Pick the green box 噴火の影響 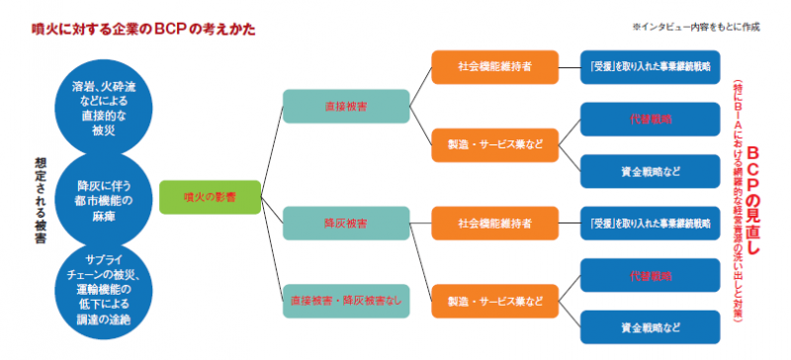[x=196, y=197]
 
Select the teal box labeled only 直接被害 [x=346, y=106]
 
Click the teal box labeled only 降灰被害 [x=346, y=225]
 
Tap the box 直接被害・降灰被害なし [x=346, y=301]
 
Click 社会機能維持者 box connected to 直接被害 [x=494, y=67]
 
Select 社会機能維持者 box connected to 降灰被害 [x=494, y=225]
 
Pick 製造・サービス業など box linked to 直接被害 [x=494, y=144]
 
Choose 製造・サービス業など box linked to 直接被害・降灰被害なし [x=494, y=301]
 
